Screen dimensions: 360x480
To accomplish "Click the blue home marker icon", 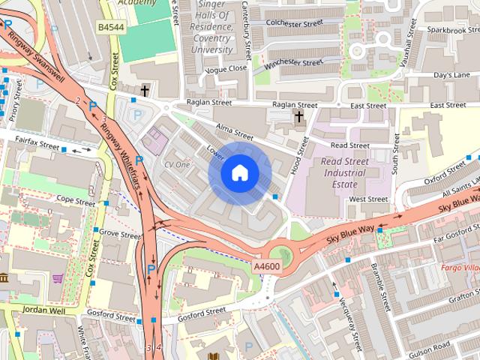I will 238,173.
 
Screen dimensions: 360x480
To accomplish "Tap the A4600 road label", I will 268,266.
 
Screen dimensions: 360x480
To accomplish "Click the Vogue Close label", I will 226,68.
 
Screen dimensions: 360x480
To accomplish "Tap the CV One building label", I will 177,163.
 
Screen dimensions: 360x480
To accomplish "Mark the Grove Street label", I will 120,235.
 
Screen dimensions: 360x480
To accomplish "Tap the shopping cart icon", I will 58,278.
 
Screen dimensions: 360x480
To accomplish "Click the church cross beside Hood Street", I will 298,116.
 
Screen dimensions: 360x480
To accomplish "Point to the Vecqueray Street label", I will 345,297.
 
